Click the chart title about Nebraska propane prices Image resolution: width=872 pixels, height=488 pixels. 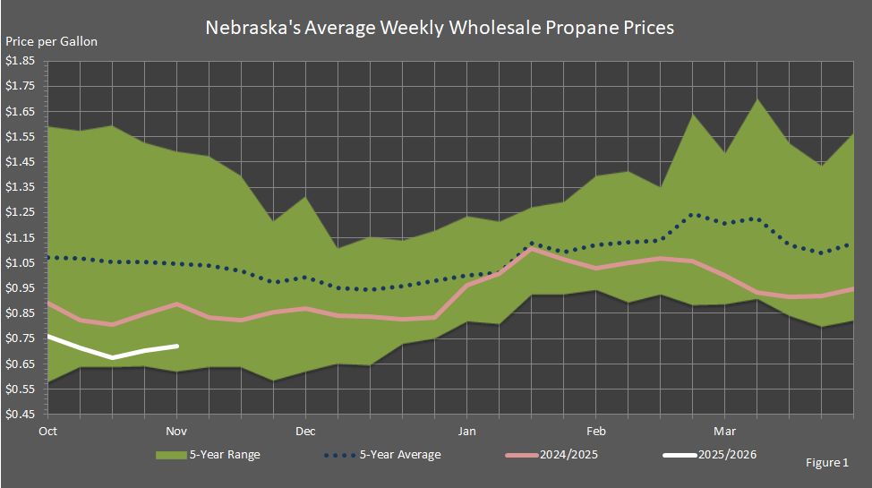pos(440,28)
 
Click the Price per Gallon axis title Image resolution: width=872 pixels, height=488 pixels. pos(52,42)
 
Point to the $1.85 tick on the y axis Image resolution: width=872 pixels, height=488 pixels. pos(21,61)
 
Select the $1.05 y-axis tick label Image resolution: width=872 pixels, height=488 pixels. pos(21,262)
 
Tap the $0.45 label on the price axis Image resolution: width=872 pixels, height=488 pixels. pos(21,414)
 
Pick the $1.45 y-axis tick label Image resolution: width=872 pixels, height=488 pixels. pos(21,162)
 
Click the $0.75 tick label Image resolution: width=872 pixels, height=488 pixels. pos(21,338)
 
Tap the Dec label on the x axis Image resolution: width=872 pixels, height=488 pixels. pos(306,431)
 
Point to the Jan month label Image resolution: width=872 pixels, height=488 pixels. pos(466,431)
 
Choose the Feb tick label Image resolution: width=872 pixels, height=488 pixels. pos(595,431)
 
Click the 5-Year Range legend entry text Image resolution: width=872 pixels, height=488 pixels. pos(225,455)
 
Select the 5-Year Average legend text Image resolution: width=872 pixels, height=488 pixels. pos(401,455)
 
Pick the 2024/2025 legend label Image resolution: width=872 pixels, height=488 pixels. pos(569,455)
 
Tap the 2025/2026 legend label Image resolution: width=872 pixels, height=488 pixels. pos(727,455)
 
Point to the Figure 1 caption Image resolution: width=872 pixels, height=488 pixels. pos(827,463)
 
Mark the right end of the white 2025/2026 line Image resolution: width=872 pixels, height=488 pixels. pos(177,346)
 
